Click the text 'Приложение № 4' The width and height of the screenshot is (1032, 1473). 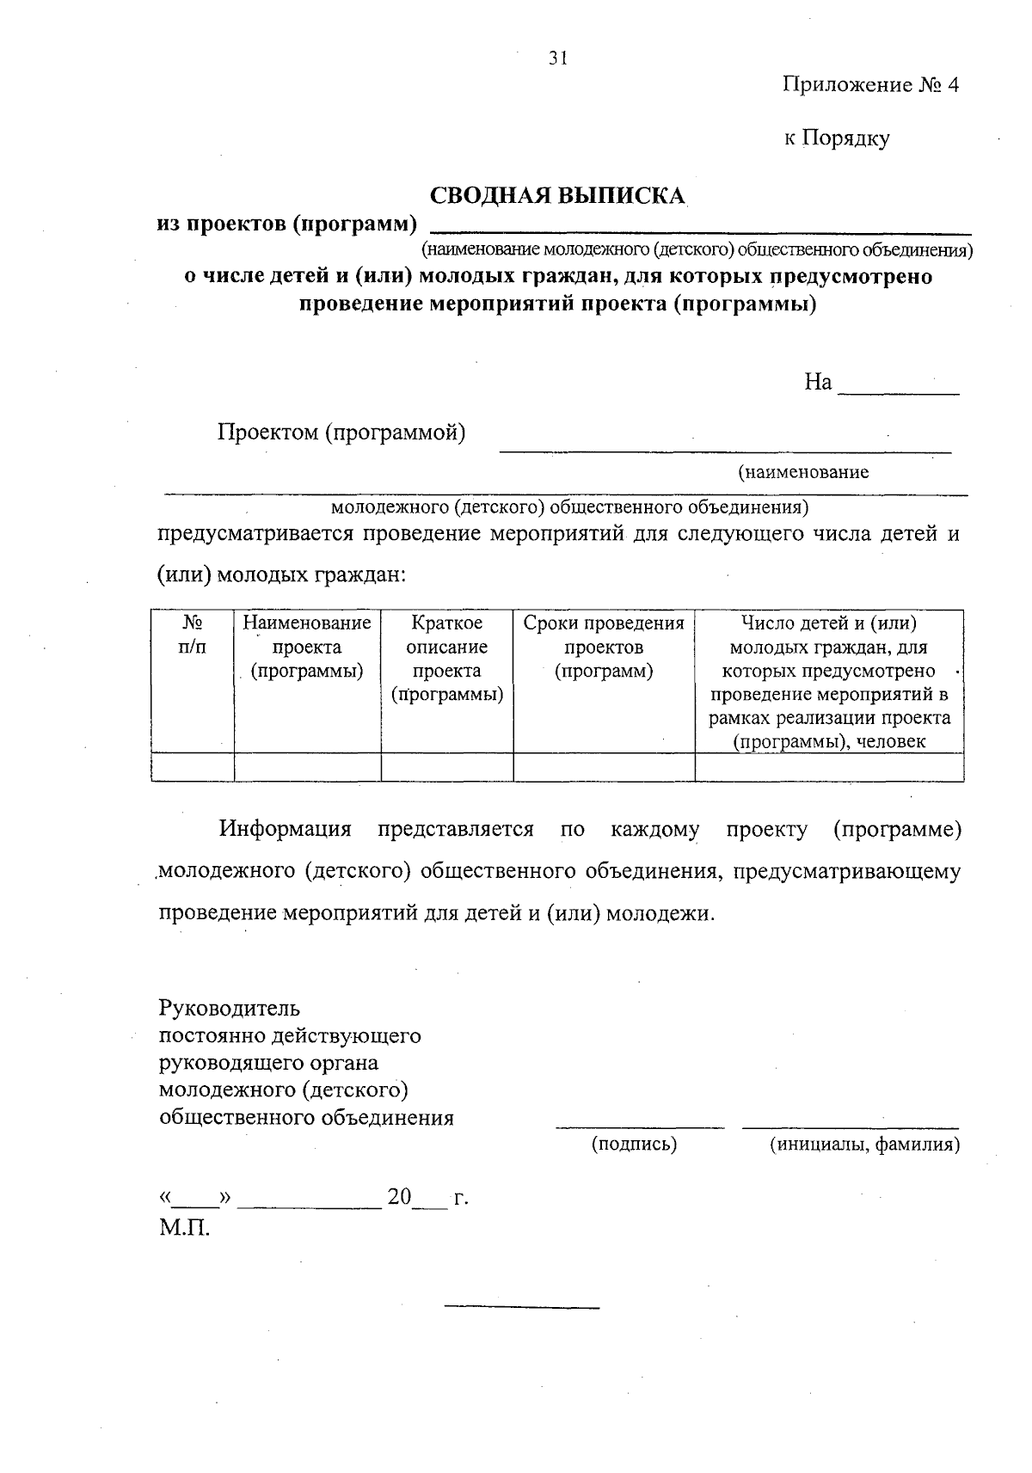point(870,85)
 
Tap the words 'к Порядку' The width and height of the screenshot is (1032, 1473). point(836,138)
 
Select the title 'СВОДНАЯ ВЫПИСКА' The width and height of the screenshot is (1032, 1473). point(557,196)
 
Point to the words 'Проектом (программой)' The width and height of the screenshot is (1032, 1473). point(341,432)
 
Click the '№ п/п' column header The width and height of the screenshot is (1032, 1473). point(193,635)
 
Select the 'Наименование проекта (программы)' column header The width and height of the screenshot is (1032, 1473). point(307,647)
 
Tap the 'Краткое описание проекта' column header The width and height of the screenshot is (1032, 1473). point(447,658)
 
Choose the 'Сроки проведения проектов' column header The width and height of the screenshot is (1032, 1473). point(604,647)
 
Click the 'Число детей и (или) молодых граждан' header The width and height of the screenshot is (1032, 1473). point(829,682)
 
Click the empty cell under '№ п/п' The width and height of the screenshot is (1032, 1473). point(193,767)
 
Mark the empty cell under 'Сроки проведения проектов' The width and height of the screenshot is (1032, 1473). point(604,767)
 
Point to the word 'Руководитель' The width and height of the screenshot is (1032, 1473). point(230,1007)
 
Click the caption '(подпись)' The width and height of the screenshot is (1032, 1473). point(634,1145)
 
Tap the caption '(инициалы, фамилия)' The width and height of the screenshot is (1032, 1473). point(864,1145)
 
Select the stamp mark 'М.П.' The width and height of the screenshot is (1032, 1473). point(184,1227)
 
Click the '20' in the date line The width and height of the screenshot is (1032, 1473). point(400,1196)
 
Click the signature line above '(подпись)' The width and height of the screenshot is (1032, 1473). point(640,1125)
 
